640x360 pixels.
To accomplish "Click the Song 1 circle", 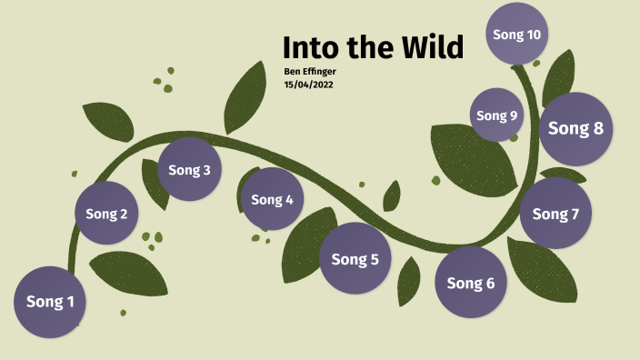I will (50, 302).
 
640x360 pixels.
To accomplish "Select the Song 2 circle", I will (106, 215).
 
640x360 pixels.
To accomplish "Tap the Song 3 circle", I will (189, 169).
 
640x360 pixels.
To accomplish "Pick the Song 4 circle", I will (273, 199).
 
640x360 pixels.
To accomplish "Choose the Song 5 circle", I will (355, 259).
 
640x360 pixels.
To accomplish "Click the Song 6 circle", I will (471, 283).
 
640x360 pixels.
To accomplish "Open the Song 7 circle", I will (555, 214).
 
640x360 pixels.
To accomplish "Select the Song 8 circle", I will (575, 128).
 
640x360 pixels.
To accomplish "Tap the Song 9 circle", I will (497, 115).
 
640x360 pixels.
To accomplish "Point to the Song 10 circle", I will (516, 35).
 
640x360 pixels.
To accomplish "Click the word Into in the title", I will (314, 47).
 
